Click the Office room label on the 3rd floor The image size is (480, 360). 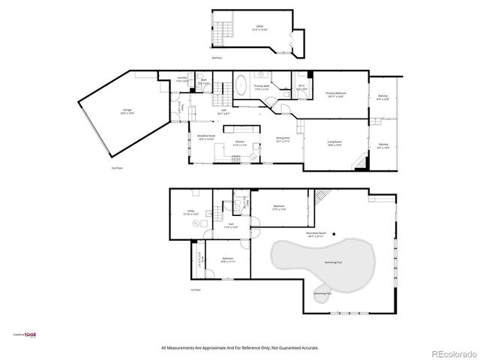[x=259, y=28]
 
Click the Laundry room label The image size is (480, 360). [x=182, y=79]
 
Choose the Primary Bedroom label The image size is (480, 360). [x=335, y=94]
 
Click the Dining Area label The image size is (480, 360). [x=283, y=139]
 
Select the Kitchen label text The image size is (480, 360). [x=240, y=142]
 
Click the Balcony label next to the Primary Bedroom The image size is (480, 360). [x=383, y=97]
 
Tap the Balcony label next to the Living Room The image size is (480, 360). [x=383, y=145]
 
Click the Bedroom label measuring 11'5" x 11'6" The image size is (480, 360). [x=279, y=207]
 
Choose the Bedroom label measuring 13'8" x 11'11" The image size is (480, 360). [x=228, y=260]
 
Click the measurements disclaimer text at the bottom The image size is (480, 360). [x=239, y=348]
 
